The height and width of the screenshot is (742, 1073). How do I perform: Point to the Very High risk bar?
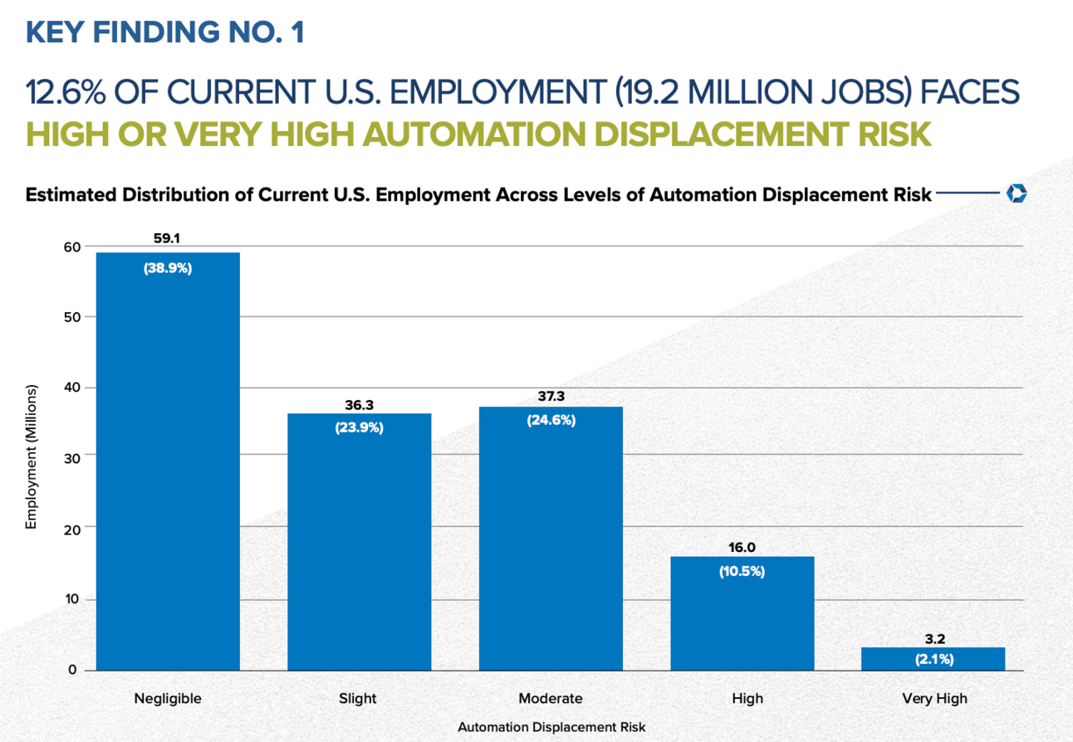point(933,659)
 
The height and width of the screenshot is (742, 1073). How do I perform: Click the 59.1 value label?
point(167,238)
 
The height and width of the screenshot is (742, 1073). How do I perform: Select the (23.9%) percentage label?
point(359,428)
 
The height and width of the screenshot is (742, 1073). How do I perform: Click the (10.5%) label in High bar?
point(742,571)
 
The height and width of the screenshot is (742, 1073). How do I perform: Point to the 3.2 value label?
point(934,639)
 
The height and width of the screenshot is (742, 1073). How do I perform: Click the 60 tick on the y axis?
point(71,247)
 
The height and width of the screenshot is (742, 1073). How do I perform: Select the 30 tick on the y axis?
point(71,456)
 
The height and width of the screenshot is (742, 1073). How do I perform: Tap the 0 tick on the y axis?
point(74,670)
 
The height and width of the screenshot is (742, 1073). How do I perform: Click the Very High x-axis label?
point(934,698)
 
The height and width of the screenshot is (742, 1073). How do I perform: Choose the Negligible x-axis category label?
point(168,698)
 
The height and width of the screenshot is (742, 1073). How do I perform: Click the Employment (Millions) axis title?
point(32,457)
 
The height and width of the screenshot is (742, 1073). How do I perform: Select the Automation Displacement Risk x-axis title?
point(551,726)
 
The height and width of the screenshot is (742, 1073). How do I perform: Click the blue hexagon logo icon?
point(1017,194)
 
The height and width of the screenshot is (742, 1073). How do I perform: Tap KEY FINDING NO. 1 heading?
point(165,32)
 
